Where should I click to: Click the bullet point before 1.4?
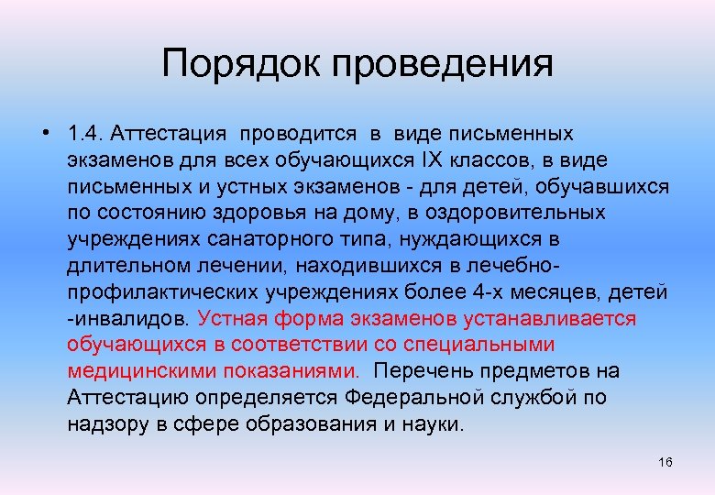(x=44, y=134)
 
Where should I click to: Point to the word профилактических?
(x=162, y=293)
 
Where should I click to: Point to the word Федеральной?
(x=414, y=399)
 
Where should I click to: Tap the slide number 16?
(x=665, y=462)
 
